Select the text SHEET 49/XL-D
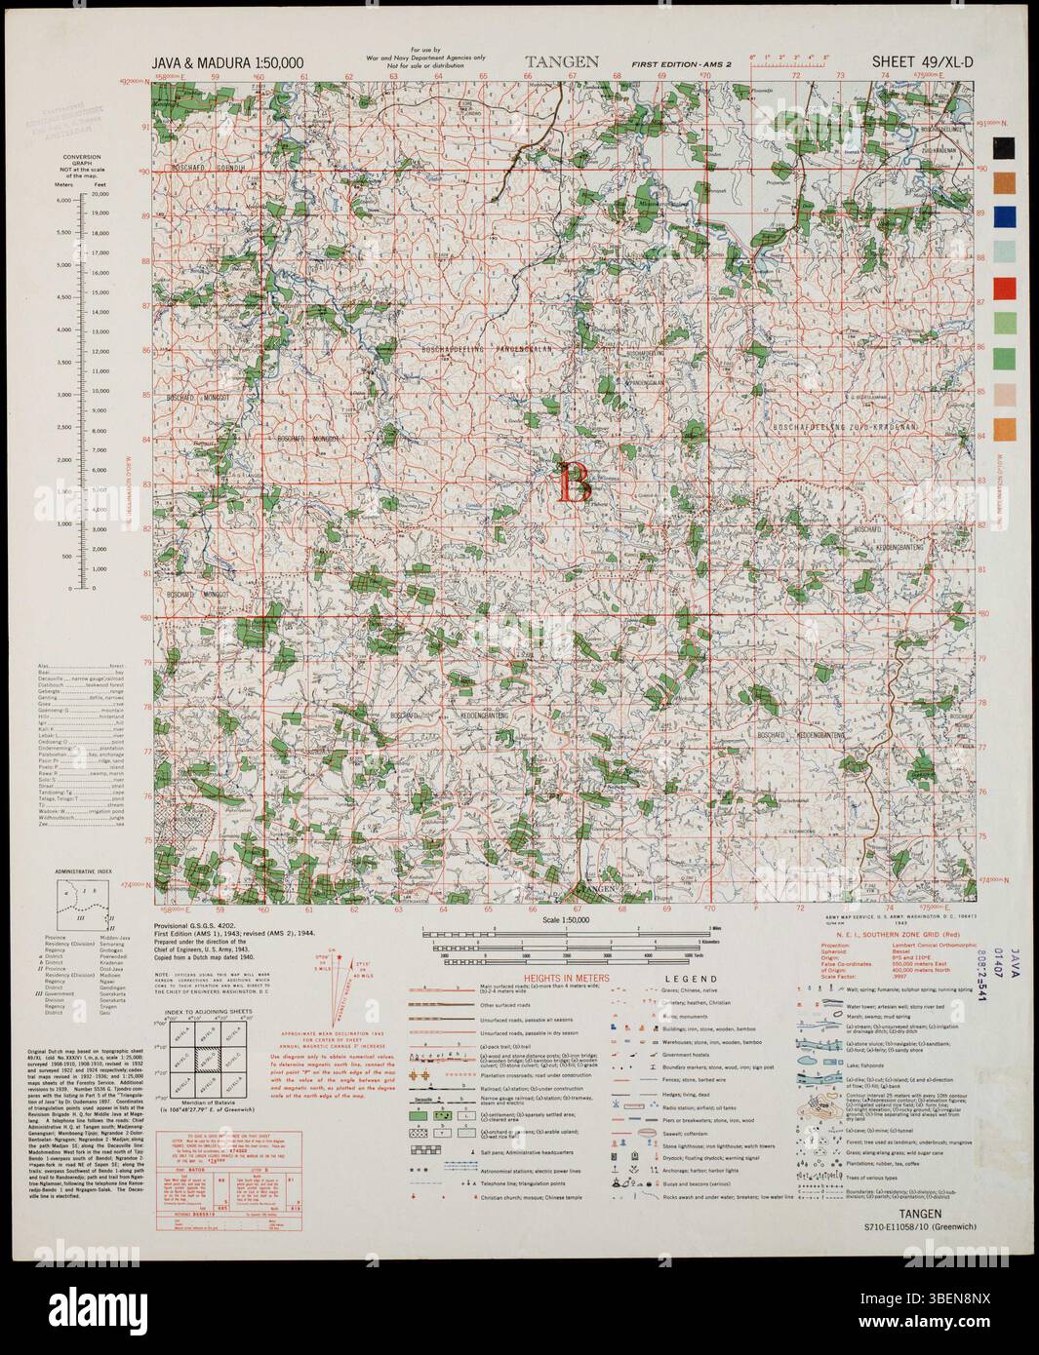click(925, 63)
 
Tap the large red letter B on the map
click(574, 484)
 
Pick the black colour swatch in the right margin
click(1005, 149)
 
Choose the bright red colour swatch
click(1005, 290)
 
